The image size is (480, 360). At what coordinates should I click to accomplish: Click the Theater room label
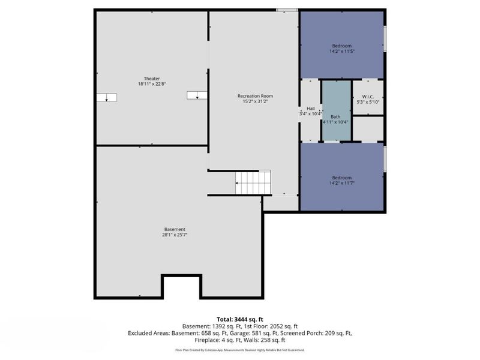(152, 79)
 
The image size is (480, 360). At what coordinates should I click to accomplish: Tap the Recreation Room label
(256, 96)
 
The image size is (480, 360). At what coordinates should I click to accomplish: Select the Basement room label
(175, 229)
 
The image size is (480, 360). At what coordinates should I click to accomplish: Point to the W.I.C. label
(368, 97)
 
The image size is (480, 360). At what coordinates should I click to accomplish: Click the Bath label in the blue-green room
(335, 116)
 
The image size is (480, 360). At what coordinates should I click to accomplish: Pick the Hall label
(311, 109)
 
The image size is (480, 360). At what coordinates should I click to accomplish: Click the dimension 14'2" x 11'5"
(342, 52)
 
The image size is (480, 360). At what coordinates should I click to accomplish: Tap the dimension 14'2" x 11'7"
(342, 184)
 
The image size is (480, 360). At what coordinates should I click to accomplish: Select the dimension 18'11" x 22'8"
(152, 84)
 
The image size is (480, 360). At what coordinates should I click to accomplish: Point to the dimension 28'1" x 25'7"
(175, 235)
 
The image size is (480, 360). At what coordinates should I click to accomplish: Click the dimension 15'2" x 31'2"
(256, 101)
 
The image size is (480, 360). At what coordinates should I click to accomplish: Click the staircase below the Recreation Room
(253, 182)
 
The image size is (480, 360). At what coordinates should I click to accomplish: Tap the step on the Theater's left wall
(107, 97)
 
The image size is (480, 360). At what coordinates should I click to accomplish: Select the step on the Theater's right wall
(197, 95)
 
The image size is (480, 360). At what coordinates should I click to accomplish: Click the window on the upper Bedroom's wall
(385, 38)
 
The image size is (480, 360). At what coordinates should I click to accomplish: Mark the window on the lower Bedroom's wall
(385, 159)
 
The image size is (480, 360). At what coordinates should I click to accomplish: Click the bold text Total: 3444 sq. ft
(240, 320)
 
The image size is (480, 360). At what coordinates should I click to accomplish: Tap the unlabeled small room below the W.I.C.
(368, 129)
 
